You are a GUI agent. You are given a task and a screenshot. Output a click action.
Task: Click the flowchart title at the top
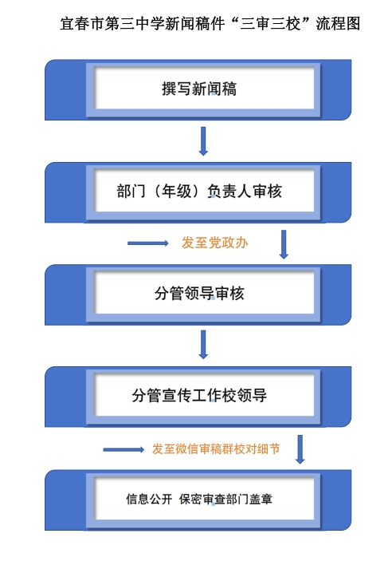tap(210, 24)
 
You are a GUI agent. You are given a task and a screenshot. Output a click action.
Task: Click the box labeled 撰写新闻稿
tap(198, 89)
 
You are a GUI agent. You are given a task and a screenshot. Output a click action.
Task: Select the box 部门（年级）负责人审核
tap(198, 192)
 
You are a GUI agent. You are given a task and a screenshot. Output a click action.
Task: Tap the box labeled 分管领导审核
tap(198, 294)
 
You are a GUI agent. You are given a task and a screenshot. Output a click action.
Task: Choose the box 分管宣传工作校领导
tap(198, 397)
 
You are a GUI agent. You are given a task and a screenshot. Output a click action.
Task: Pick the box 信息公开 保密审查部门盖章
tap(198, 500)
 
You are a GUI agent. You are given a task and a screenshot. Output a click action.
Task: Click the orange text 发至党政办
tap(215, 243)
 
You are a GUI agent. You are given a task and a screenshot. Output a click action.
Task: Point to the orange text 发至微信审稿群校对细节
tap(216, 448)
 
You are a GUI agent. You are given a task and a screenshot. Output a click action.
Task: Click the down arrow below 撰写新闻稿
tap(203, 141)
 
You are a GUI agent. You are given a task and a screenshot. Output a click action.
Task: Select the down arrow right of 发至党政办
tap(284, 244)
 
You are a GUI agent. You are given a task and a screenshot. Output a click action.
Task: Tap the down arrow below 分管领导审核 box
tap(203, 345)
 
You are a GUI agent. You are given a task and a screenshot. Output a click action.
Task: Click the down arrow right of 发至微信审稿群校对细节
tap(300, 449)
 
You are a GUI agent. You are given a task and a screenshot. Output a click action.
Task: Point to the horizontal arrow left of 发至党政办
tap(148, 243)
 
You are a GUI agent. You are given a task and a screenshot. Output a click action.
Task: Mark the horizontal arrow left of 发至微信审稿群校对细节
tap(123, 450)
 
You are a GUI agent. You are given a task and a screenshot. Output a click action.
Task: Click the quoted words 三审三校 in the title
tap(271, 24)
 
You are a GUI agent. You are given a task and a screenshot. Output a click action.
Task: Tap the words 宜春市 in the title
tap(82, 24)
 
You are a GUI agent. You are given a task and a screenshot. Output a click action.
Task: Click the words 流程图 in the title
tap(338, 24)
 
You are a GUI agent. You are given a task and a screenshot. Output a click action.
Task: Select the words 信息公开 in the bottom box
tap(149, 499)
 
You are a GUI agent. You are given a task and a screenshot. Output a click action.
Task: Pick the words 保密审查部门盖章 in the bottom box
tap(225, 499)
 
